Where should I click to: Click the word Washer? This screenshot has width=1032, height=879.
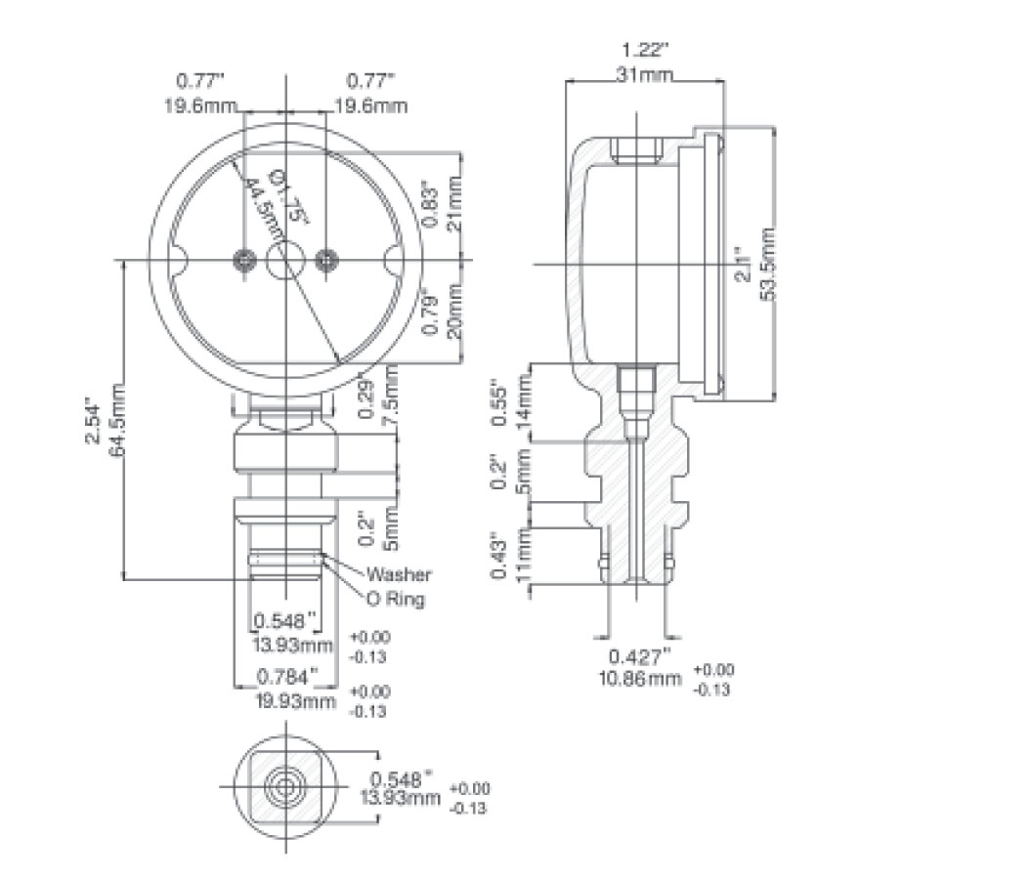(398, 575)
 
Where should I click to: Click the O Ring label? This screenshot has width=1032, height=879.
(395, 599)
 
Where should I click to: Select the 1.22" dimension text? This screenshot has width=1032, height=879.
(645, 49)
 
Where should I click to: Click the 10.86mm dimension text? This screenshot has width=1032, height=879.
(640, 677)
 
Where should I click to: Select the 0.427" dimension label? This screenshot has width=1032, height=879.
(640, 655)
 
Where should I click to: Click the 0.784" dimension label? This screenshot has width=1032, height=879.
(287, 677)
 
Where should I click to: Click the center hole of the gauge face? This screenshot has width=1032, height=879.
(284, 260)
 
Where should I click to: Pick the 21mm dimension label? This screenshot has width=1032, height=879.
(452, 203)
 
